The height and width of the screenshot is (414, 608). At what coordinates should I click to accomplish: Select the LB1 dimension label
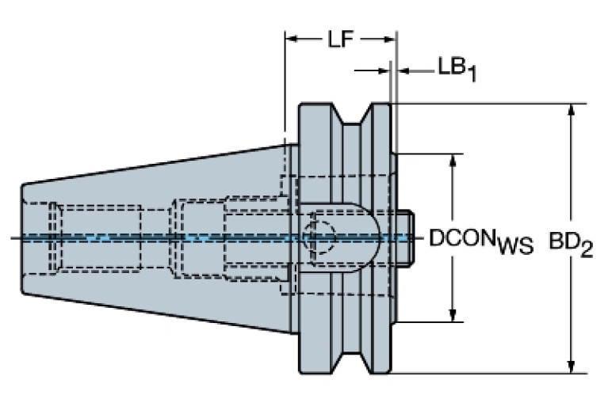coord(457,68)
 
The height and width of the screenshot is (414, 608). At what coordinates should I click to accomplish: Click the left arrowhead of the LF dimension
coord(290,38)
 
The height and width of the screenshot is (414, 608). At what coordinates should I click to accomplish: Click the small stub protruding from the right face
coord(405,237)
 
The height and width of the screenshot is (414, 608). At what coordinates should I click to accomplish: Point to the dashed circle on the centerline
coord(320,237)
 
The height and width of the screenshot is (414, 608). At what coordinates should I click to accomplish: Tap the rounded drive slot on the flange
coord(349,237)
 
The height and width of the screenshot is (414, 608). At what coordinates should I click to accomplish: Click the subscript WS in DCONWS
coord(515,247)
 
